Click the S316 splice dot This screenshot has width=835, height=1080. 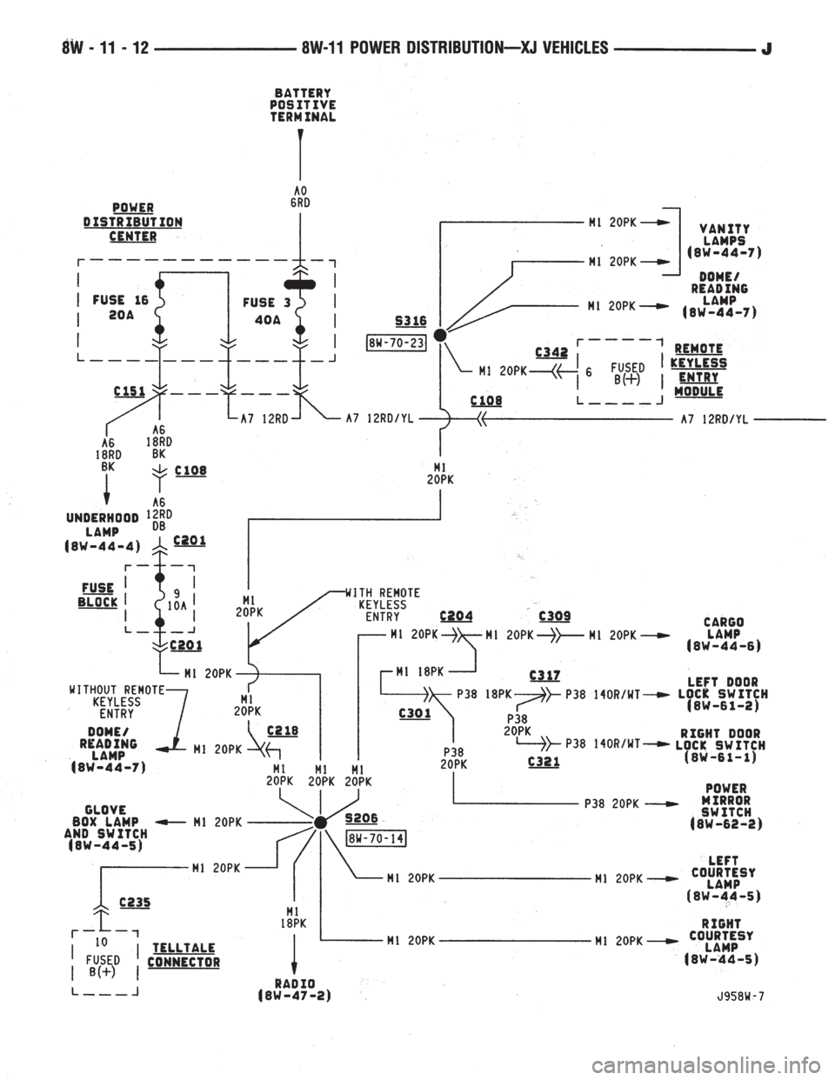point(440,334)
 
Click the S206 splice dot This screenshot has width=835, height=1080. point(321,823)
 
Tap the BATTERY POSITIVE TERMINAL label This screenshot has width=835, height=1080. point(303,105)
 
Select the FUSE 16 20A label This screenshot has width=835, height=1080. point(120,307)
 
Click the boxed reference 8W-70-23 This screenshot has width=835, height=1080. point(397,343)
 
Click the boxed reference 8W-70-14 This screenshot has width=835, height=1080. point(376,838)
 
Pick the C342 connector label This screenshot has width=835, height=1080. point(551,352)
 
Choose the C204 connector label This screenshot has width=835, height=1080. point(457,617)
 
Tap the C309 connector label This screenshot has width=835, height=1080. point(554,617)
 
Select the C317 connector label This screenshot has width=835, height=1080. point(544,676)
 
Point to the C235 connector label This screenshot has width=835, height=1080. point(135,902)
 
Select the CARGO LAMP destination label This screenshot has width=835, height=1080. point(724,634)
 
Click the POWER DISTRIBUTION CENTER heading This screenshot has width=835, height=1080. point(133,222)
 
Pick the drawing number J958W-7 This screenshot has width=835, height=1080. point(738,996)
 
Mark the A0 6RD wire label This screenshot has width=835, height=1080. point(300,197)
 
